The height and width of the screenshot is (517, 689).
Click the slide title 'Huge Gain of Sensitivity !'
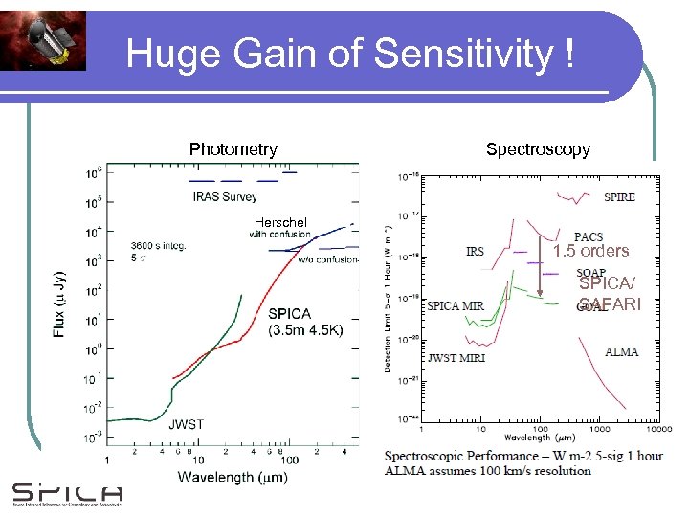point(350,54)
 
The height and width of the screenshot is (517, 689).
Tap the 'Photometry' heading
point(233,149)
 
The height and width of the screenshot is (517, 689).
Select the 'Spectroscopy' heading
point(538,149)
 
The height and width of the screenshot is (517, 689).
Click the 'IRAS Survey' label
point(225,197)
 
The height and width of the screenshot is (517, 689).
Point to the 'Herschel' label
point(280,222)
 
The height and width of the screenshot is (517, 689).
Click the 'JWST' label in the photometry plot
point(186,424)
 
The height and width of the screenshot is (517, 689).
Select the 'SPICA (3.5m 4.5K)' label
point(303,323)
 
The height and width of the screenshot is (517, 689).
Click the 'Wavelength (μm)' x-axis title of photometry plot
point(233,476)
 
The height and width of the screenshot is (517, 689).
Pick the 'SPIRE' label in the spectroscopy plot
point(619,197)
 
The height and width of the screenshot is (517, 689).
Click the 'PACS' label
point(589,237)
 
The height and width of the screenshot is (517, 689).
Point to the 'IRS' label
point(475,252)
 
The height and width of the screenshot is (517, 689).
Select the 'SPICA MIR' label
point(456,306)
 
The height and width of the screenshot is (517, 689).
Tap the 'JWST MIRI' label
point(456,358)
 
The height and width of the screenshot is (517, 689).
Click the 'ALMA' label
point(621,352)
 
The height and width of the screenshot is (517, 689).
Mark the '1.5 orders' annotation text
point(590,252)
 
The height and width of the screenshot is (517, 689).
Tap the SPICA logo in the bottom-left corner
point(67,495)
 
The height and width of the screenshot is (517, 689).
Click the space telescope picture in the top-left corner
point(43,40)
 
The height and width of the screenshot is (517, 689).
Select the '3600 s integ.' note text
point(158,245)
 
